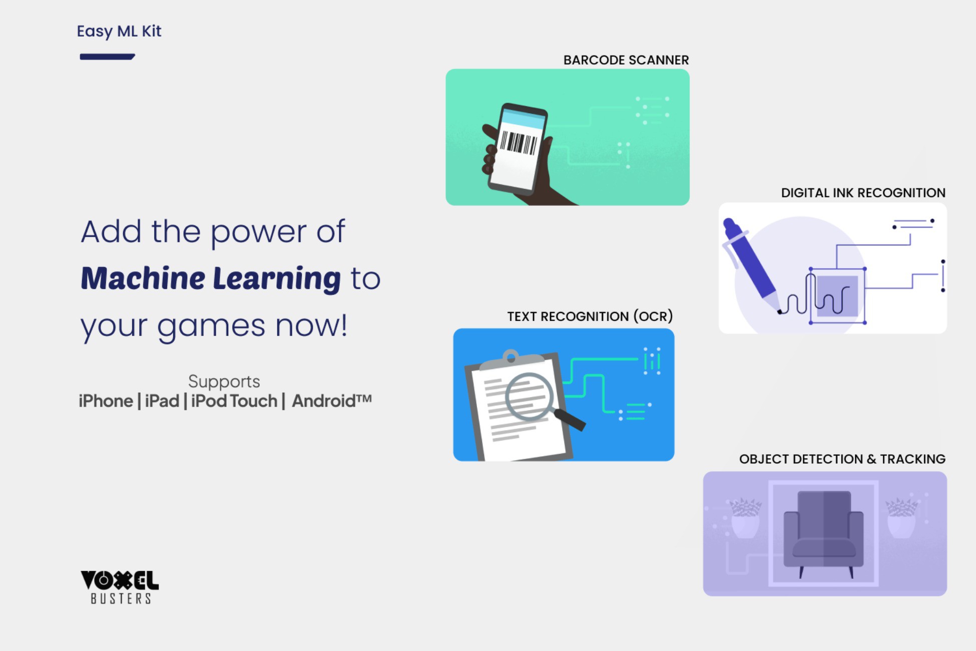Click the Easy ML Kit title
(x=119, y=32)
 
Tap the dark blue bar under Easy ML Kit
(x=107, y=57)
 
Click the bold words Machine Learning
(x=211, y=278)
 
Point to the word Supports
(x=224, y=382)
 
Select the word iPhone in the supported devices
(x=106, y=401)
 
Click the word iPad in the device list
(x=162, y=401)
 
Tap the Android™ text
(x=332, y=401)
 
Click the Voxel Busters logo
(x=120, y=587)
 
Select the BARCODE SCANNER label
(x=626, y=60)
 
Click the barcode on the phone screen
(x=519, y=143)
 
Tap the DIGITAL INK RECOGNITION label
(x=863, y=193)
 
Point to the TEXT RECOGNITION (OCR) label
(x=590, y=316)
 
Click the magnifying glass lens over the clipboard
(x=529, y=397)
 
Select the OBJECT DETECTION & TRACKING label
(x=842, y=459)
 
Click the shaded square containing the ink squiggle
(x=837, y=296)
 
